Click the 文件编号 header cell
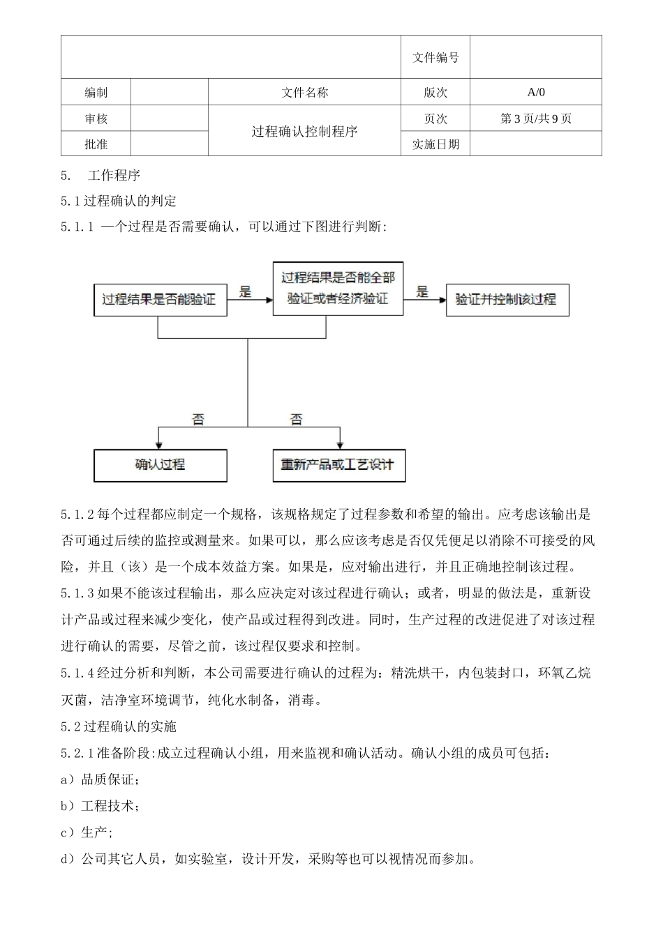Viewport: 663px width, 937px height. tap(435, 58)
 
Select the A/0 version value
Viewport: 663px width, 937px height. tap(535, 92)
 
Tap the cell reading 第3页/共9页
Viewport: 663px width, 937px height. tap(535, 119)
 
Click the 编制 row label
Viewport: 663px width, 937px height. tap(96, 92)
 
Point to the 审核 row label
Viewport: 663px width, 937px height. tap(96, 119)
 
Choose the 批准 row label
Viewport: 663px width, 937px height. tap(96, 144)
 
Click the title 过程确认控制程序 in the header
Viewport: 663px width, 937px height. tap(304, 131)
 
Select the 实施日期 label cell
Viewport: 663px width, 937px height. tap(435, 144)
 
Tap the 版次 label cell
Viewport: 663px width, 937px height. tap(435, 92)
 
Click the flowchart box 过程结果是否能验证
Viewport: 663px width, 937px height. tap(160, 300)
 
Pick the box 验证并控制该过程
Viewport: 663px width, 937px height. tap(507, 300)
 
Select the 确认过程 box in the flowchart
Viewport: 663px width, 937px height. tap(160, 465)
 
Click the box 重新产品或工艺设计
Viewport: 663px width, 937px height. tap(338, 465)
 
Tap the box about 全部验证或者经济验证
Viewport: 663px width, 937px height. tap(338, 288)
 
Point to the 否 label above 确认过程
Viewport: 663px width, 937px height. tap(199, 420)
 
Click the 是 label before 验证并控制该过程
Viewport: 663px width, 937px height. tap(423, 292)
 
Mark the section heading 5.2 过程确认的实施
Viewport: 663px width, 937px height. tap(119, 726)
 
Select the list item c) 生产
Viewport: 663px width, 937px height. tap(87, 832)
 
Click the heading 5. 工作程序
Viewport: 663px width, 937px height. tap(101, 175)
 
